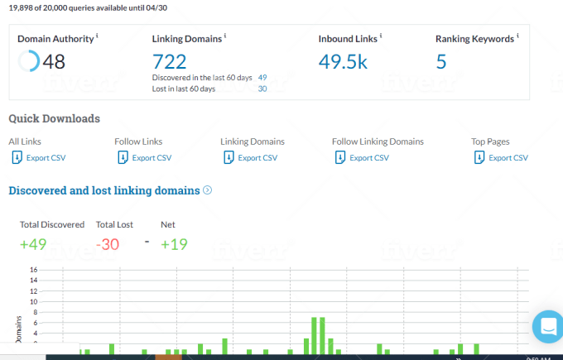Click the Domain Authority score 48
point(55,61)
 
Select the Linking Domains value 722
point(169,61)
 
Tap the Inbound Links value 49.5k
point(343,61)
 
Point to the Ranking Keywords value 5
point(441,61)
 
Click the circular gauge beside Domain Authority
point(28,61)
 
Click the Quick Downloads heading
point(54,118)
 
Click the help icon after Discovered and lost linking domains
point(208,190)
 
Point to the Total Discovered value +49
point(34,244)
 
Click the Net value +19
point(175,244)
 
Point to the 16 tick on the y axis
point(33,270)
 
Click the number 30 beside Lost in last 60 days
point(262,89)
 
